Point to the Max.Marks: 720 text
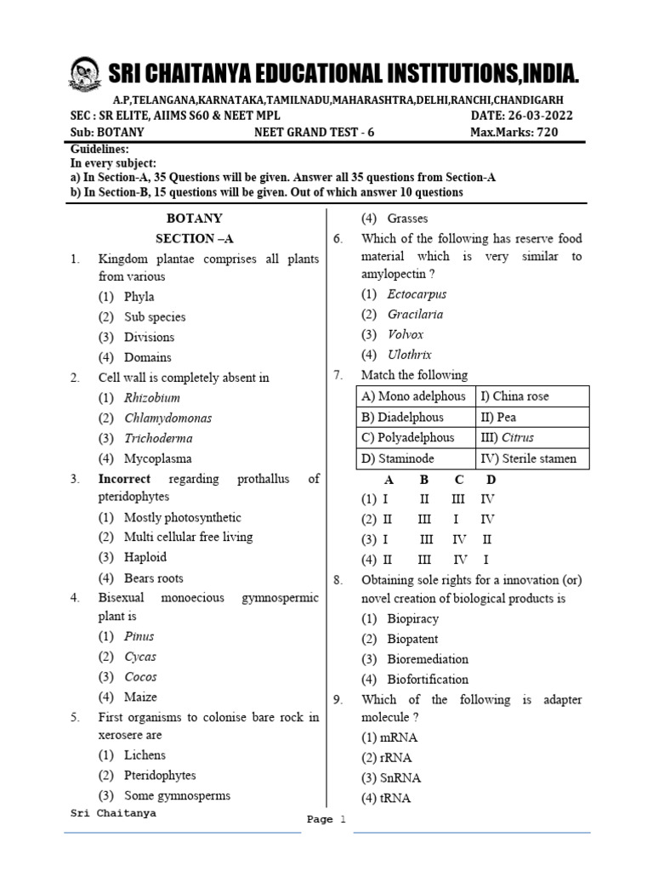click(514, 133)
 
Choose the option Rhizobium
click(152, 397)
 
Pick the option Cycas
click(140, 657)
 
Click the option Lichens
click(145, 754)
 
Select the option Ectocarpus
click(417, 294)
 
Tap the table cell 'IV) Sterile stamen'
click(529, 458)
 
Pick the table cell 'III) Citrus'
click(514, 438)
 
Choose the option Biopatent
click(412, 639)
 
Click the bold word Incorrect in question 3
click(124, 479)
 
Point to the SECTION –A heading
click(195, 238)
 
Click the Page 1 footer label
click(327, 820)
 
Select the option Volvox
click(406, 334)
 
